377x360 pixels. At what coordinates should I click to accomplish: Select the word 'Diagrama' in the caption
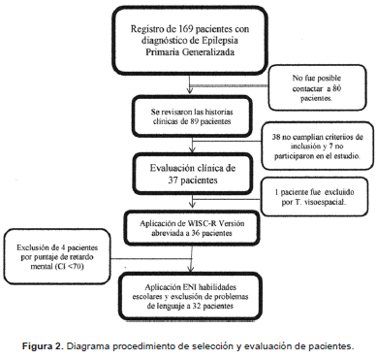coord(102,344)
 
